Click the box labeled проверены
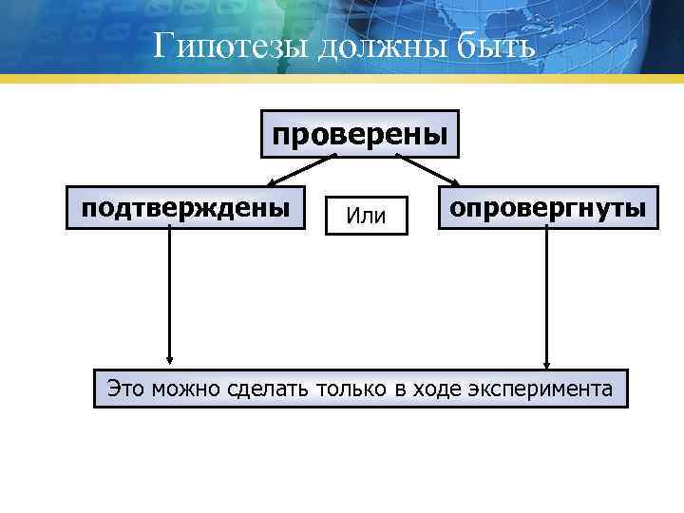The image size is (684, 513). point(360,134)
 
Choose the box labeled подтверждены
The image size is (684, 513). point(184,207)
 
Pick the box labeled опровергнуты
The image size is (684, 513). point(546,207)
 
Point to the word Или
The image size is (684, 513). point(366,217)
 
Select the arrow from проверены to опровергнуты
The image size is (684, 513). point(427,169)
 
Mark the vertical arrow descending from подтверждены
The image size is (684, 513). point(169,294)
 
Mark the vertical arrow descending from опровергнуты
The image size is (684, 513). point(547,294)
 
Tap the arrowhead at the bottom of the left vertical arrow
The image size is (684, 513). point(169,358)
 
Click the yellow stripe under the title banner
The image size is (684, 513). point(342,79)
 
